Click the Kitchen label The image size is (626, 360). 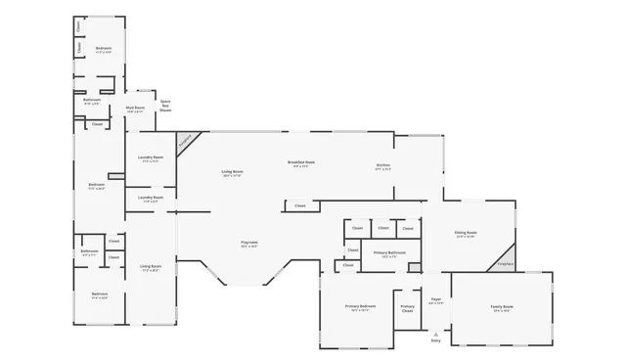[383, 165]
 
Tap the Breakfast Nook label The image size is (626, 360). [301, 162]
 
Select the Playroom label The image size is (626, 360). [249, 244]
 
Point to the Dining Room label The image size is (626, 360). [465, 233]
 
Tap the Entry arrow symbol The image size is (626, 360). [436, 333]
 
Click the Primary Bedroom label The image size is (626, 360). [360, 307]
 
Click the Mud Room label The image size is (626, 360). [135, 110]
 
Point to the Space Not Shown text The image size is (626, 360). [165, 105]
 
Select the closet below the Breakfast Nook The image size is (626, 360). [299, 205]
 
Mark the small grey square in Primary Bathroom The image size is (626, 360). [414, 267]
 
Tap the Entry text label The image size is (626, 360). [436, 340]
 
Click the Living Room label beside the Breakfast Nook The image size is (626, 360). [232, 173]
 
